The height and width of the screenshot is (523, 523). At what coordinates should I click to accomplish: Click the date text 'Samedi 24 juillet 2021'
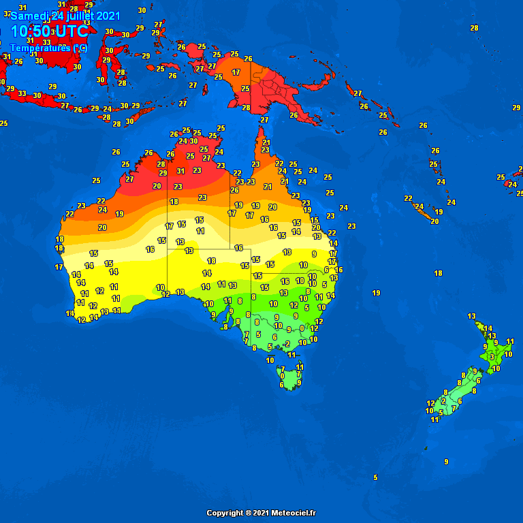65,16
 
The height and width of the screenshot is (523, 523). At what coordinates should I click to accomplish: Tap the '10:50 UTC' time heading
49,31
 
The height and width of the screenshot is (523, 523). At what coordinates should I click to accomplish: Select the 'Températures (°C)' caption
48,48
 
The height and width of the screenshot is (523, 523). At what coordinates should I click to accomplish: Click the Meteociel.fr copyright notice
261,513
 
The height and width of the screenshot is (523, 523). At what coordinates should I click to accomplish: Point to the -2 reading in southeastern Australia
286,344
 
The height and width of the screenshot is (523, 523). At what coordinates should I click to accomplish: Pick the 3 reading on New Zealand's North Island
492,356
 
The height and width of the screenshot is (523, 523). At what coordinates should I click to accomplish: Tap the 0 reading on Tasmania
282,376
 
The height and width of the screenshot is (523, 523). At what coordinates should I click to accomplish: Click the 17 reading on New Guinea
236,72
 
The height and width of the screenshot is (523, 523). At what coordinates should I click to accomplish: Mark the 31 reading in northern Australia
180,171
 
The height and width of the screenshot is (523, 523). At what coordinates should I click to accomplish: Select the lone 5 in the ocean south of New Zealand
375,477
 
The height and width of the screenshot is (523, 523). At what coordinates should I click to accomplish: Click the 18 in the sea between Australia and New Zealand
439,273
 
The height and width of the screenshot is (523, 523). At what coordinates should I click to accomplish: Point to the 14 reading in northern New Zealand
488,328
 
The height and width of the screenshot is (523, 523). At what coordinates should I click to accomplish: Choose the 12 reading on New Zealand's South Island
430,403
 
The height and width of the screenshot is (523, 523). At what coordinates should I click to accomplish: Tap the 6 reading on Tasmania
281,385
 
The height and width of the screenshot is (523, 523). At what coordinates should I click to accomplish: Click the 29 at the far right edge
516,108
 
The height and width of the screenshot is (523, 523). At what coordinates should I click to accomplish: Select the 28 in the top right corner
474,28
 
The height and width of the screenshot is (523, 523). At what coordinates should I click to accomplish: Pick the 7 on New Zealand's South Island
454,408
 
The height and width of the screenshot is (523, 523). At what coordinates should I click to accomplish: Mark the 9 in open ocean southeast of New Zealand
446,462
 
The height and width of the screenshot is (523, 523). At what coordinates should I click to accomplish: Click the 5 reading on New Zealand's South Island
441,412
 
